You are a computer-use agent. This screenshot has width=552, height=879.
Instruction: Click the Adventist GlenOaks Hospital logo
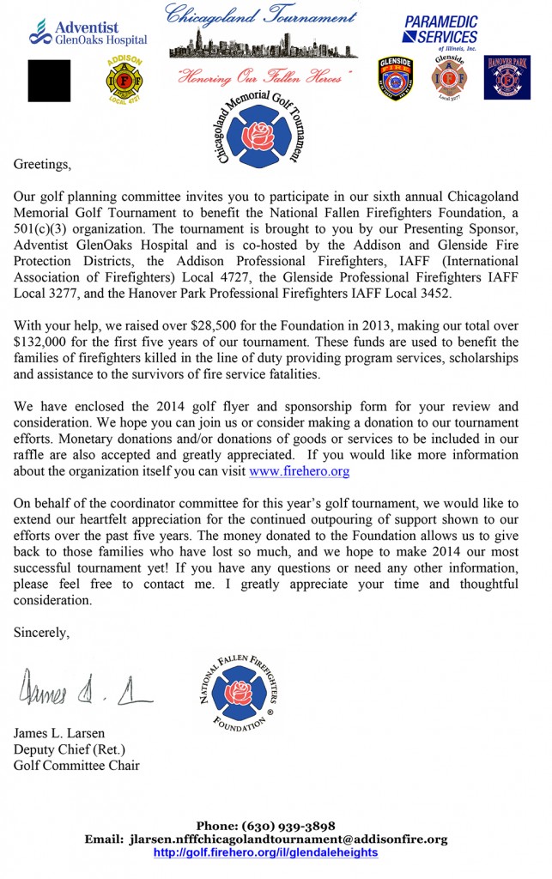88,32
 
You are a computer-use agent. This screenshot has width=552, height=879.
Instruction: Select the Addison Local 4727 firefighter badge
121,81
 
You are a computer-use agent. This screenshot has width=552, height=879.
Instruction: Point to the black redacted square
49,81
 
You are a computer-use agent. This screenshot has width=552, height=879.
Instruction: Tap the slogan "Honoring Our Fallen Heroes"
260,77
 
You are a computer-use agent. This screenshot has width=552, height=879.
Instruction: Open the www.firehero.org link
299,472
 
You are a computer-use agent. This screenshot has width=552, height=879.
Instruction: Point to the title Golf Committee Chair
76,765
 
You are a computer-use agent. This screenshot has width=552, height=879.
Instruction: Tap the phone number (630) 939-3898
294,826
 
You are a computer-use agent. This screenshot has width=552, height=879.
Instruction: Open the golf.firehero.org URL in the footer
265,852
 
